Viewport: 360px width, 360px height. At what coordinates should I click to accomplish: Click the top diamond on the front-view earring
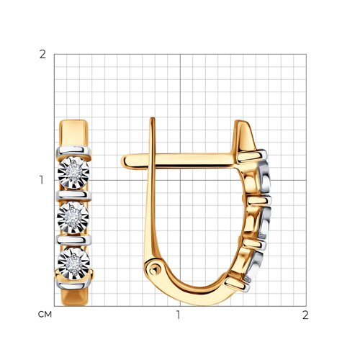[73, 172]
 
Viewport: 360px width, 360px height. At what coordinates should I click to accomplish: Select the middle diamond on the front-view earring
[73, 217]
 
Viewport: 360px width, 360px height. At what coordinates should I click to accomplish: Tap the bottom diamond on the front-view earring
[74, 264]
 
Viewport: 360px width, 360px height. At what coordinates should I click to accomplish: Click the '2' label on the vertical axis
[42, 55]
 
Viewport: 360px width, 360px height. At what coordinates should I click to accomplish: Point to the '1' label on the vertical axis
[42, 180]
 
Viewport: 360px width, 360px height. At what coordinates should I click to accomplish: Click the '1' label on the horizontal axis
[178, 315]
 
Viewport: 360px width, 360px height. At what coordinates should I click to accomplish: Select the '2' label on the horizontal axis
[305, 315]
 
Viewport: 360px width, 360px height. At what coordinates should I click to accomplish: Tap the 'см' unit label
[45, 315]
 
